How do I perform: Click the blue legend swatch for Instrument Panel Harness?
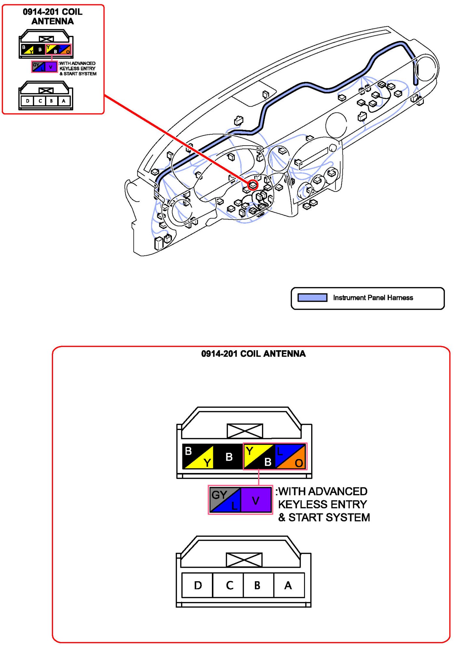tap(312, 297)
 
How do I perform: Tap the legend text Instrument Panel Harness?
tap(373, 297)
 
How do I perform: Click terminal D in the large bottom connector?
tap(198, 585)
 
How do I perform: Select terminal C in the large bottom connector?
tap(229, 585)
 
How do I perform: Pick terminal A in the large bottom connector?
tap(288, 585)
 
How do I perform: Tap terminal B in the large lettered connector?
tap(257, 585)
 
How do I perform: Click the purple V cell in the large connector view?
tap(256, 500)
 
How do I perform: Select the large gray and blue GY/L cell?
tap(225, 500)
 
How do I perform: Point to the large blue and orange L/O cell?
tap(290, 456)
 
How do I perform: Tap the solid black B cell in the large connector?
tap(229, 456)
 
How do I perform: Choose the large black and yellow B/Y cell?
tap(198, 456)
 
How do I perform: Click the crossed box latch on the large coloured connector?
tap(245, 431)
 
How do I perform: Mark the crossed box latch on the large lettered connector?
tap(244, 560)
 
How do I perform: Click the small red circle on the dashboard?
tap(253, 185)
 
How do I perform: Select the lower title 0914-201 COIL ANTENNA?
tap(253, 354)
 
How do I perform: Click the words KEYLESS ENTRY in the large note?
tap(322, 504)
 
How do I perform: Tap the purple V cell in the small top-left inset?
tap(51, 67)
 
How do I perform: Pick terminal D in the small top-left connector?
tap(28, 101)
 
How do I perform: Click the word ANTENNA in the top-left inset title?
tap(52, 21)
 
